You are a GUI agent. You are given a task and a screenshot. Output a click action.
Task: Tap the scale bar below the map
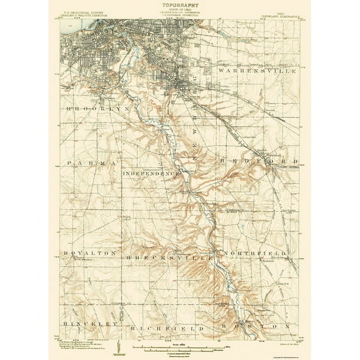pos(180,346)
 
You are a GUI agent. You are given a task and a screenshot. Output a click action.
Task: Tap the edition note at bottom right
pos(276,339)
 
